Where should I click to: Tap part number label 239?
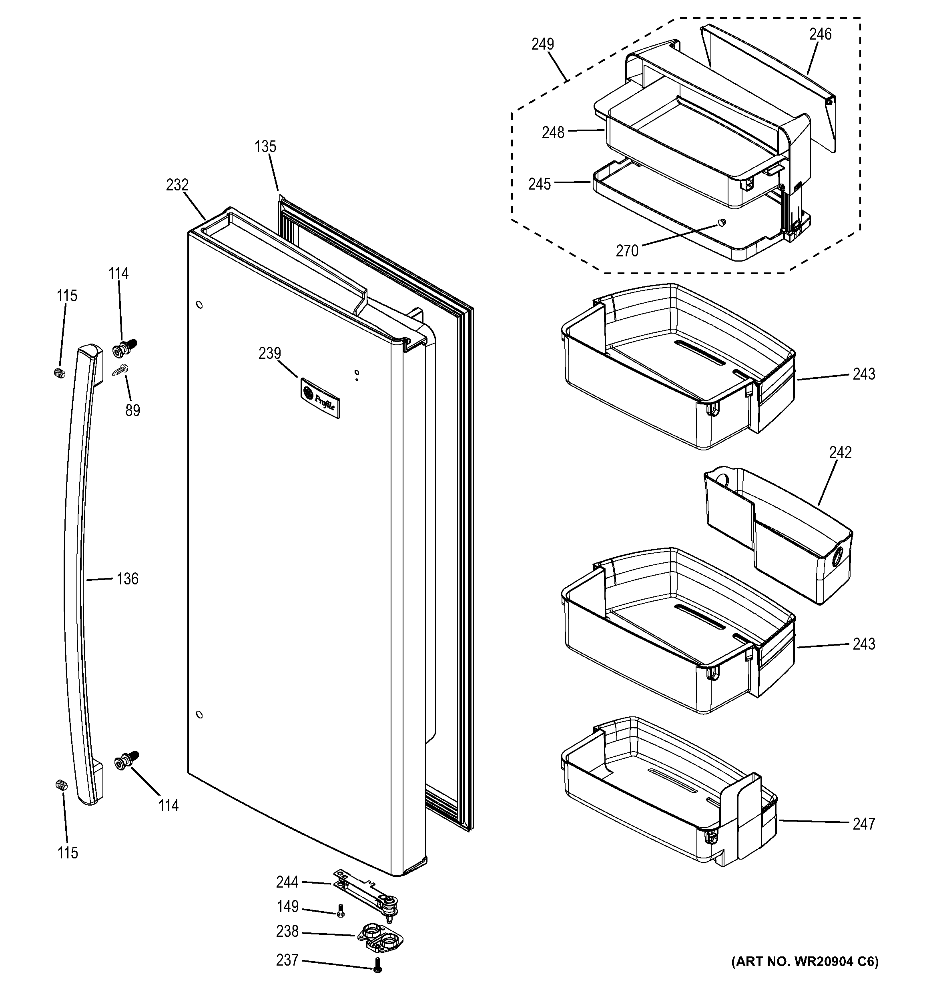pos(270,354)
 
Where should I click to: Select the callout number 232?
pos(177,185)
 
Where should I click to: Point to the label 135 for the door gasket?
pos(265,147)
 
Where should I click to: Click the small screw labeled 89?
pos(120,372)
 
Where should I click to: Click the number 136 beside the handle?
pos(128,579)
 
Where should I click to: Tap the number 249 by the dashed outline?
pos(543,44)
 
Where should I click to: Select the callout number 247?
pos(864,824)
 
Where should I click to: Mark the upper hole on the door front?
pos(199,304)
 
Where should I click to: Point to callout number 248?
pos(553,132)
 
